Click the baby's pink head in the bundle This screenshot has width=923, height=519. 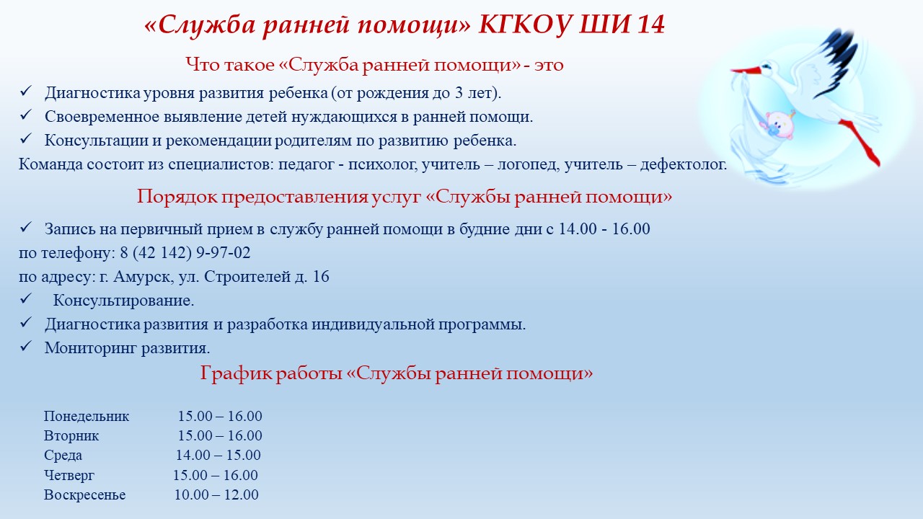click(x=779, y=125)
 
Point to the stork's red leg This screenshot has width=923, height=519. click(x=860, y=143)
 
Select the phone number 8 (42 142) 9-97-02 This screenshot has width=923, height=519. click(x=185, y=252)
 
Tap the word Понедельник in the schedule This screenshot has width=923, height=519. click(x=87, y=416)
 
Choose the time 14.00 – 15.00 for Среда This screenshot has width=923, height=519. click(x=218, y=455)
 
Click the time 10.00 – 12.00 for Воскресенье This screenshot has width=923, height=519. click(x=216, y=494)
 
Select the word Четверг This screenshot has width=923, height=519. click(x=69, y=475)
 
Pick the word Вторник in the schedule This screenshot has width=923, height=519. click(x=71, y=435)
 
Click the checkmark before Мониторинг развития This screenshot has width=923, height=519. click(x=25, y=346)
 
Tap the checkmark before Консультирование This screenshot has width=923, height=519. click(x=25, y=298)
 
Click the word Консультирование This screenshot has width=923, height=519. click(x=123, y=301)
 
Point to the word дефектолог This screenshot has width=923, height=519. click(x=683, y=165)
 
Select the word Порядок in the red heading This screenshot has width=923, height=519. click(x=177, y=197)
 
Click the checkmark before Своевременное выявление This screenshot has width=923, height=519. click(x=25, y=115)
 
